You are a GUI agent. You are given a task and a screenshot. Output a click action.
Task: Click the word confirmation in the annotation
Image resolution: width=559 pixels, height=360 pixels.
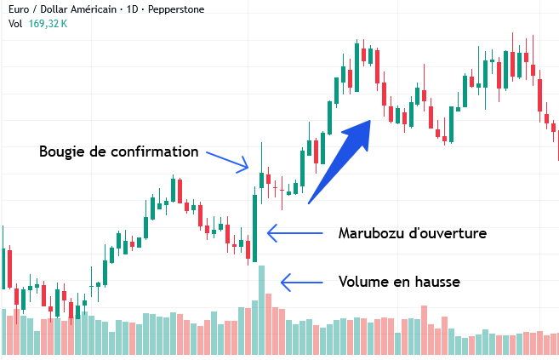click(x=154, y=151)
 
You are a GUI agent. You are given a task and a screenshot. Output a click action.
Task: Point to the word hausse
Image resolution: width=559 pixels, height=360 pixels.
click(x=437, y=282)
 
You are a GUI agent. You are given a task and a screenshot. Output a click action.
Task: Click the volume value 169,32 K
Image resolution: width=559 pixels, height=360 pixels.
click(x=48, y=24)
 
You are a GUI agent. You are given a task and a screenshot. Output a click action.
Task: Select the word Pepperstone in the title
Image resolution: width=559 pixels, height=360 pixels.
click(x=176, y=9)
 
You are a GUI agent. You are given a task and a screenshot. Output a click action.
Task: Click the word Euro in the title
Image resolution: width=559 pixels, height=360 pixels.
click(x=19, y=9)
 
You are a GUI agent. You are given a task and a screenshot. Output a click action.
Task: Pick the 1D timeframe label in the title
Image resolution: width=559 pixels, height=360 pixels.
click(x=132, y=9)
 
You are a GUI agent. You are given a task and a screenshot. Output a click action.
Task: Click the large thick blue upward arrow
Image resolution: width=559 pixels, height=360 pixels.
click(x=339, y=163)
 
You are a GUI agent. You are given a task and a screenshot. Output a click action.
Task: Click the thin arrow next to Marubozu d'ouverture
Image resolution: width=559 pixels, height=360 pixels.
click(x=295, y=233)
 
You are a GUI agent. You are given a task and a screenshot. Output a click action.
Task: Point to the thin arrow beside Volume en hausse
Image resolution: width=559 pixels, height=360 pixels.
click(x=301, y=283)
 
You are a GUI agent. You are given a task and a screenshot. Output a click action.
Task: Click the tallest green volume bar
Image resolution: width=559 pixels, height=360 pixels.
click(x=261, y=310)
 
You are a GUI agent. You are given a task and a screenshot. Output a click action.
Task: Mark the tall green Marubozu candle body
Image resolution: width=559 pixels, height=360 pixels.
click(x=255, y=228)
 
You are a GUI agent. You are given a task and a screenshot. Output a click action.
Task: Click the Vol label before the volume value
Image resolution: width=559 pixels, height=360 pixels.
click(x=15, y=24)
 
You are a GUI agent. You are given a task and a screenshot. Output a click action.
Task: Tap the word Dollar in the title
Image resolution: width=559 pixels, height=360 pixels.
click(x=53, y=9)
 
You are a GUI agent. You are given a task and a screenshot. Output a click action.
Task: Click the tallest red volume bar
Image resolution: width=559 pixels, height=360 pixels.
click(x=268, y=324)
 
